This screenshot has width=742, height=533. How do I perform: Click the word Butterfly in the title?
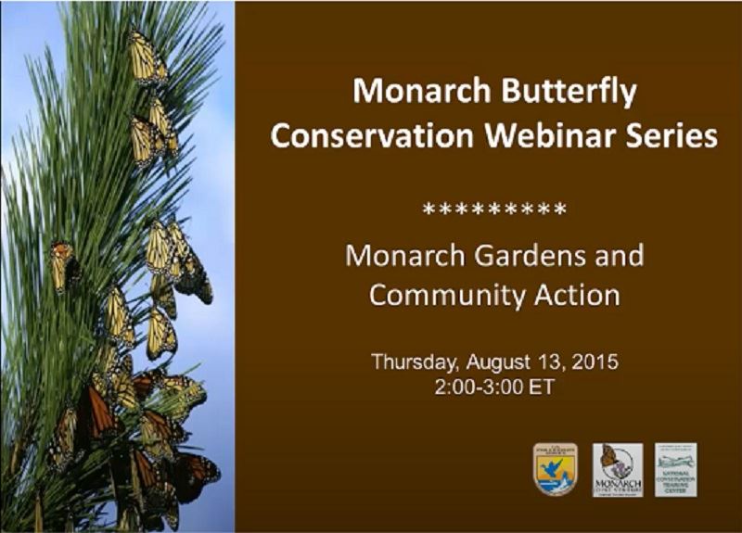567,93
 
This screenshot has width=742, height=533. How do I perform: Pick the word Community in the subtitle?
441,296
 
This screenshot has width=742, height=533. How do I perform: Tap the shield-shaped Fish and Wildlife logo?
556,468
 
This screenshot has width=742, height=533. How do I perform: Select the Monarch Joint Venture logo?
617,469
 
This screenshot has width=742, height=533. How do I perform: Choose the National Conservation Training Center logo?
676,469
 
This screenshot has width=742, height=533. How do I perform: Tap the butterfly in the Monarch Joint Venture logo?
608,457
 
